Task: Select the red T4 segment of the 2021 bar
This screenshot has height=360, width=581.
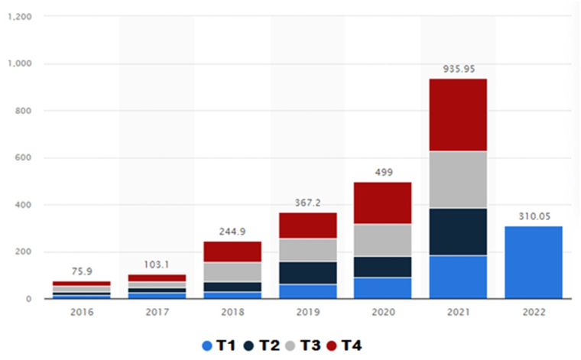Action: click(x=458, y=115)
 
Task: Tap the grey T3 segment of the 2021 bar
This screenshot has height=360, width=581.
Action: click(x=458, y=180)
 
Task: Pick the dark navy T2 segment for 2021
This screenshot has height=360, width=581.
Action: click(x=458, y=232)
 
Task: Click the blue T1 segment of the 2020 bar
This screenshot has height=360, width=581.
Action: click(x=382, y=287)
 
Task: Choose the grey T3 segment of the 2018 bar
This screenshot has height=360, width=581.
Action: click(x=232, y=272)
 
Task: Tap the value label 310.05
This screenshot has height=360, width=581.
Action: click(x=533, y=216)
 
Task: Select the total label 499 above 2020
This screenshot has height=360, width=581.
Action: click(x=382, y=173)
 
